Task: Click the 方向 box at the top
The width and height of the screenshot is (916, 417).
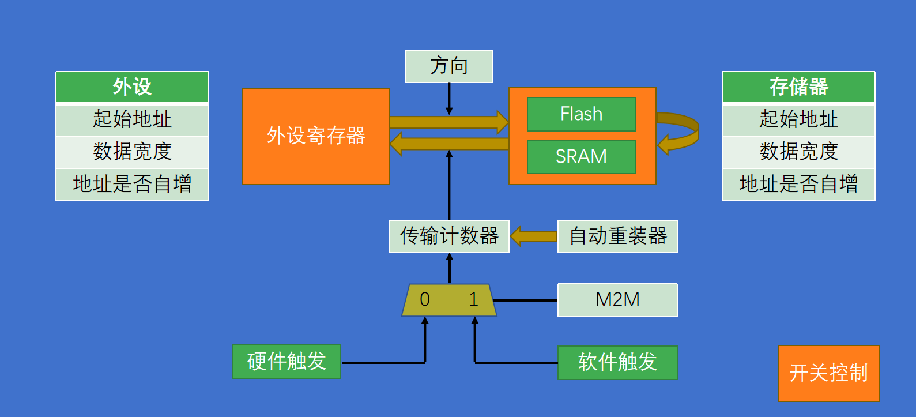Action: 448,66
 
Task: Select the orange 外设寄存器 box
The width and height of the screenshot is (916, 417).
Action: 316,136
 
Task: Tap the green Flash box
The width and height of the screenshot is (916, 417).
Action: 581,114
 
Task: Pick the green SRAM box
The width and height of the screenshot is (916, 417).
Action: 581,156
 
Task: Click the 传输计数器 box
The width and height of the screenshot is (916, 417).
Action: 449,236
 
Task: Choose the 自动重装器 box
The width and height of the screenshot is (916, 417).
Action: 617,236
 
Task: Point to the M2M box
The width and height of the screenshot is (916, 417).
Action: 617,300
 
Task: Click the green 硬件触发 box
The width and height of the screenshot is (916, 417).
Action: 287,362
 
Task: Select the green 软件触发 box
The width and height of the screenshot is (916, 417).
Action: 617,362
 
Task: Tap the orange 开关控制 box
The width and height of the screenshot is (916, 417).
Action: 828,373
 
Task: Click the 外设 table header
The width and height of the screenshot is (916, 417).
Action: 132,87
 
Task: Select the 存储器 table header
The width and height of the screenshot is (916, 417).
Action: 798,87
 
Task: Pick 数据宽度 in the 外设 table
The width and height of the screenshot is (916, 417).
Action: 132,152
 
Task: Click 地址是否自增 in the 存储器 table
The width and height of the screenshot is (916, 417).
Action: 798,184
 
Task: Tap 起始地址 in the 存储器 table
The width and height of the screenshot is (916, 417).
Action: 798,119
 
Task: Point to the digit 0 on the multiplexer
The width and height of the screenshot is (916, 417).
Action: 425,299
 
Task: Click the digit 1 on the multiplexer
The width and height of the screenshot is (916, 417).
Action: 473,299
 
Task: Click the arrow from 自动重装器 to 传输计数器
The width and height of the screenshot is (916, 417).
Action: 534,236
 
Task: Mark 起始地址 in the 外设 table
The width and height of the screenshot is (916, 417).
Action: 132,119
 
